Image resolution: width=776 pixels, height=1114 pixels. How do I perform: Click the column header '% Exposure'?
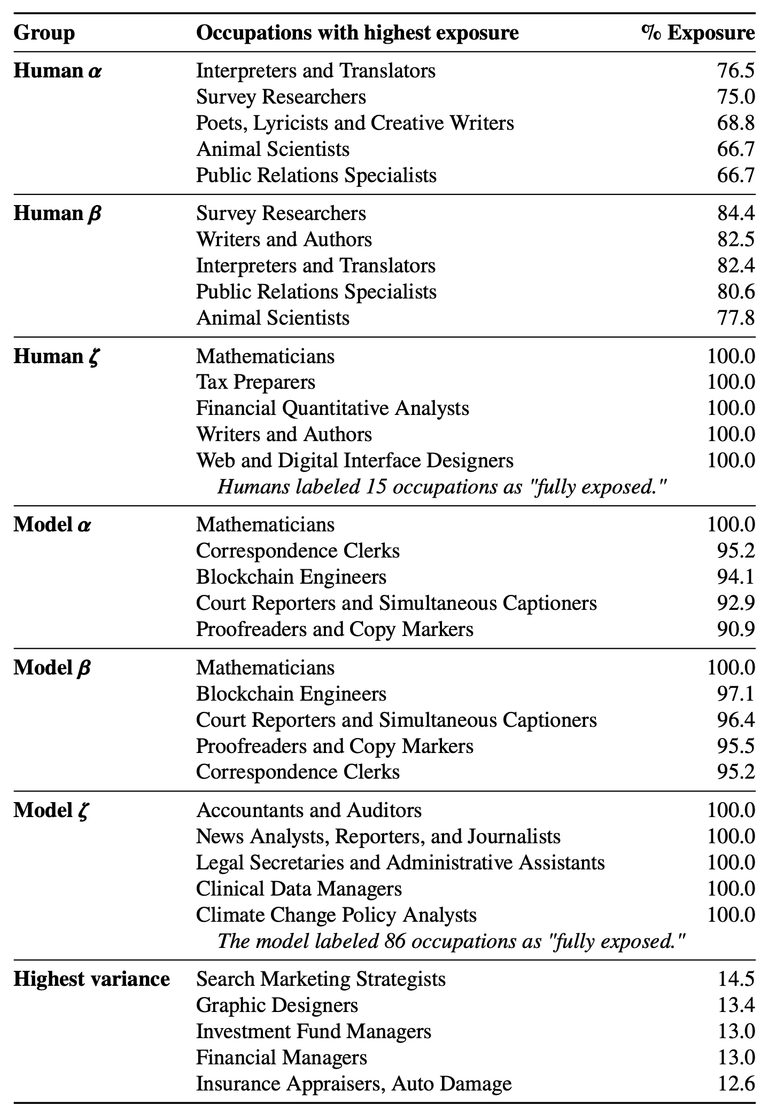(x=698, y=33)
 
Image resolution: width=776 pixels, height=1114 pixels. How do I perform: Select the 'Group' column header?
(x=44, y=33)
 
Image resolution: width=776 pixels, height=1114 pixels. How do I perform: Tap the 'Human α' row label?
(x=57, y=70)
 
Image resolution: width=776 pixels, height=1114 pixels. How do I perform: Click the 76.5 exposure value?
(x=736, y=70)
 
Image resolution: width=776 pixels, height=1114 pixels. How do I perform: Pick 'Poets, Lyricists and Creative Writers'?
(x=355, y=123)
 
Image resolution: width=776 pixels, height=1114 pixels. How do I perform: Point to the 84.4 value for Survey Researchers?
(x=736, y=213)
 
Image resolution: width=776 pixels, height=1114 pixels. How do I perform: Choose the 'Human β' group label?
(x=57, y=213)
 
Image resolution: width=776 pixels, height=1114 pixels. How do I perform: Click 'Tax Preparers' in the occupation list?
(x=255, y=382)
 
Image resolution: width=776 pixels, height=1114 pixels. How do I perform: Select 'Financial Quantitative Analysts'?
(x=332, y=408)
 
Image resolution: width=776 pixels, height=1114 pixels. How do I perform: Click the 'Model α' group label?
(x=52, y=524)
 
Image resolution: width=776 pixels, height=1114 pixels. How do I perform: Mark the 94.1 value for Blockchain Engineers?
(x=736, y=577)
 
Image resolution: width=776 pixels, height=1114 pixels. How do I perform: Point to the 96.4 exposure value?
(x=736, y=720)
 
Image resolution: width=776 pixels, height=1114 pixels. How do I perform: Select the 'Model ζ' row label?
(x=51, y=810)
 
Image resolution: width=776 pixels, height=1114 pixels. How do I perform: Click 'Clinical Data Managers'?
(x=299, y=889)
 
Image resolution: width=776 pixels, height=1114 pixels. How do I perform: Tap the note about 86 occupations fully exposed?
(x=451, y=941)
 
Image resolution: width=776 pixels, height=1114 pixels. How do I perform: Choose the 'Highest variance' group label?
(x=91, y=979)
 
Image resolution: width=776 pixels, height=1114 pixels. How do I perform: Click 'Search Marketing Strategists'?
(x=321, y=979)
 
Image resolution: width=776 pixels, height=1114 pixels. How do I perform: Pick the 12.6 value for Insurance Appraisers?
(x=736, y=1084)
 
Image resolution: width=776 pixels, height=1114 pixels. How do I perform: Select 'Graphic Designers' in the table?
(x=277, y=1005)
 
